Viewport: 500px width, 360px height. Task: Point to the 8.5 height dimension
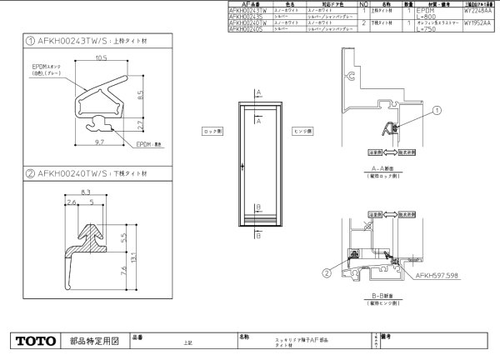(142, 95)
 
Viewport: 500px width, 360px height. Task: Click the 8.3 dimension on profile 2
(86, 192)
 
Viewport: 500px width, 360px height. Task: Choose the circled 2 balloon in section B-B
(327, 272)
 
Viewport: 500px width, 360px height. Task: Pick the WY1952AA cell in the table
(477, 23)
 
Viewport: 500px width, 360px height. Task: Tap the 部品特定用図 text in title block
(95, 341)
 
